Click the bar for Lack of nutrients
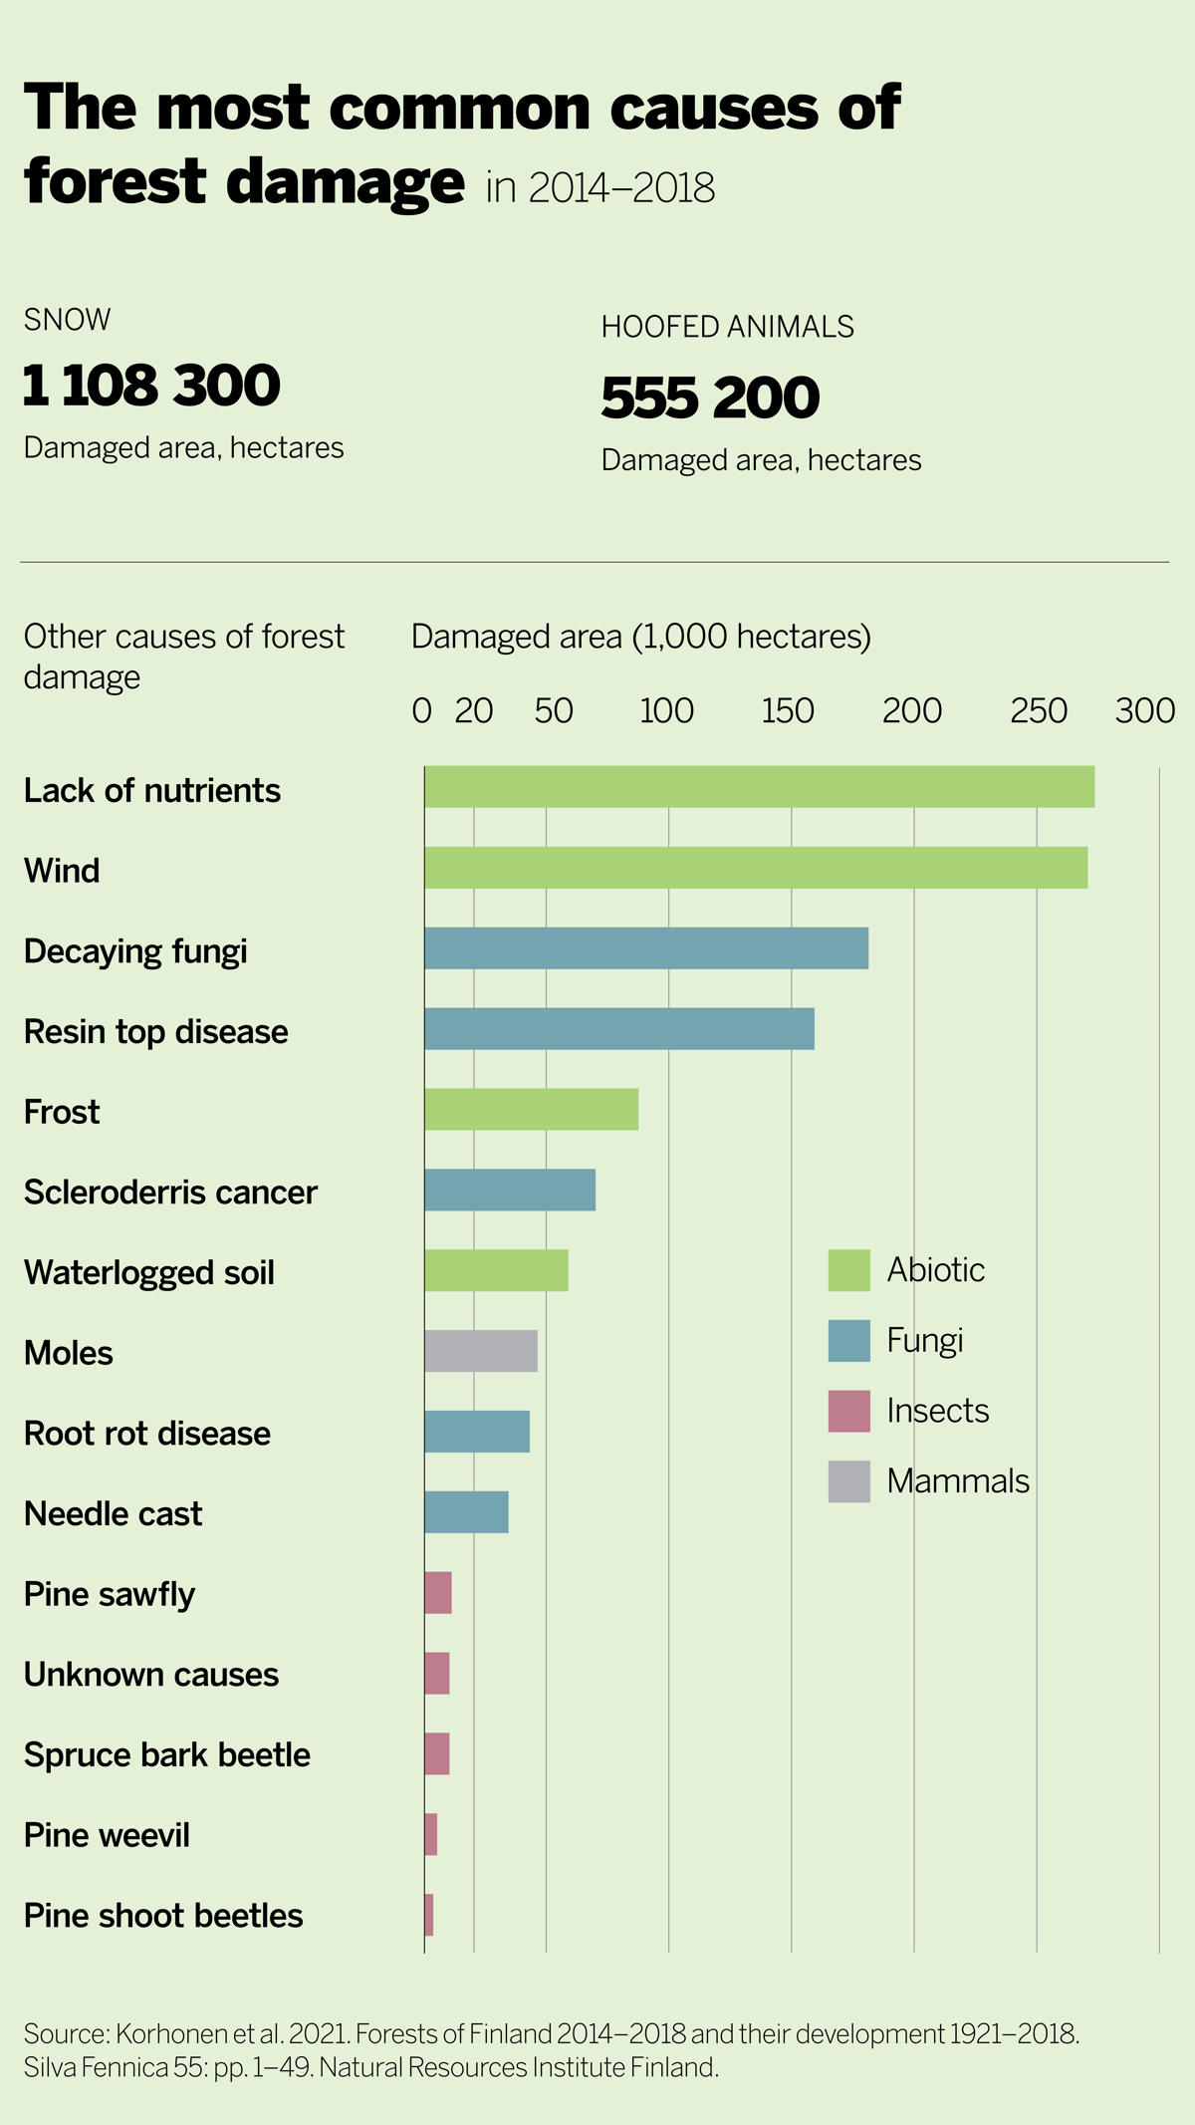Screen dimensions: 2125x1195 point(759,787)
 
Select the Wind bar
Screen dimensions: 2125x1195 point(756,868)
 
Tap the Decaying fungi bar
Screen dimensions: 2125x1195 point(646,948)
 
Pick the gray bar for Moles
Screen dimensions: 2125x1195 point(481,1351)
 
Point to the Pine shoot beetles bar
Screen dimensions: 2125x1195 point(429,1915)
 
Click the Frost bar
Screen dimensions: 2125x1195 point(531,1110)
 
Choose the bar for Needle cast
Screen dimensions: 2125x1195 point(466,1512)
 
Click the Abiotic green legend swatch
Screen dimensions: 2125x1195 point(848,1270)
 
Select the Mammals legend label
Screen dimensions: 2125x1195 point(958,1481)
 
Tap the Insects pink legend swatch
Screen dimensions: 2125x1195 point(848,1412)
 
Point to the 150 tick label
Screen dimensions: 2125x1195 point(788,711)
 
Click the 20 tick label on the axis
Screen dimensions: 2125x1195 point(474,711)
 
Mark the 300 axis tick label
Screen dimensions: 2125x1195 point(1145,711)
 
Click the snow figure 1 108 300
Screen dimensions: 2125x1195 point(151,386)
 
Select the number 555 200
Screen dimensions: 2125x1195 point(710,398)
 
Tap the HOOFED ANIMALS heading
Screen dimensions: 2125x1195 point(727,327)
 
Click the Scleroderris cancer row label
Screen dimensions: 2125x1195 point(170,1193)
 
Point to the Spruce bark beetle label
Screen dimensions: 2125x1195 point(167,1754)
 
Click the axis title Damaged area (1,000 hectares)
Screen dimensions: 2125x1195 point(640,637)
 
